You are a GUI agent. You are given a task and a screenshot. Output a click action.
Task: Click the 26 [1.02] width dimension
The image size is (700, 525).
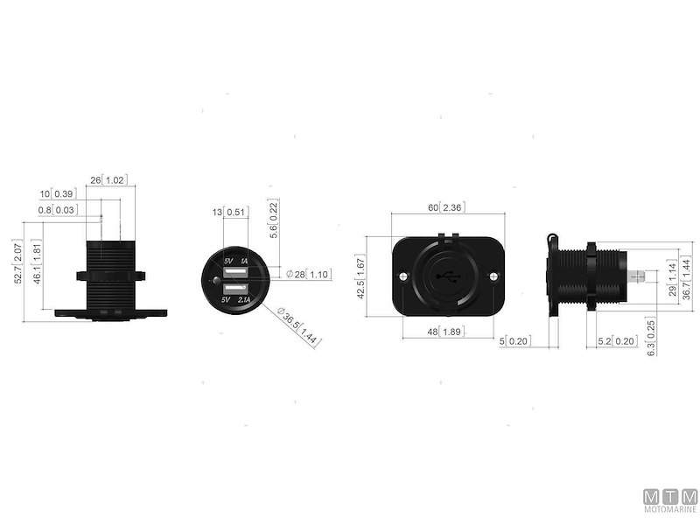pos(108,179)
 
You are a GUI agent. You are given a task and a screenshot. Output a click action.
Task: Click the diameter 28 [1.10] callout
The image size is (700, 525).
pos(307,274)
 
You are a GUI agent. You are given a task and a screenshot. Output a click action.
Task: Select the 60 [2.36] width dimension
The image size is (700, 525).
pos(443,207)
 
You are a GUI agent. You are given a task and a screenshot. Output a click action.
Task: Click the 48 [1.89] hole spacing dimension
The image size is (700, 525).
pos(443,332)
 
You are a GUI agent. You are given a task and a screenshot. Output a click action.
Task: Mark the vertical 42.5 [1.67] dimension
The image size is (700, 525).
pos(374,277)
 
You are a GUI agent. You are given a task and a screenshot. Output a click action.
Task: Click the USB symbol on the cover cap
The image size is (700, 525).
pos(447,278)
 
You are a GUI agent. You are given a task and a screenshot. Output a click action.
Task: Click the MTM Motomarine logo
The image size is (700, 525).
pos(670,500)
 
